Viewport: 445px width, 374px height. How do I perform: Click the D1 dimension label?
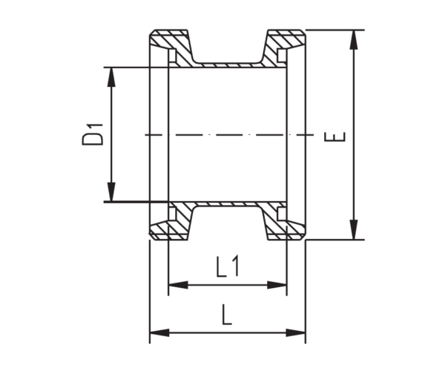coord(92,134)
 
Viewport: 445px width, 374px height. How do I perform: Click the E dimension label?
coord(335,137)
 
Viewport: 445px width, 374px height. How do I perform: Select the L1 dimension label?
coord(228,266)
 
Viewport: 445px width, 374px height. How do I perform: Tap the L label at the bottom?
coord(227,315)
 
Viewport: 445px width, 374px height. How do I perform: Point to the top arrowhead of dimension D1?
coord(111,76)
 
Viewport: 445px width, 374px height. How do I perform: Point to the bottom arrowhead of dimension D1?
coord(111,192)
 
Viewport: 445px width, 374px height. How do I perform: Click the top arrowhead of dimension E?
coord(354,39)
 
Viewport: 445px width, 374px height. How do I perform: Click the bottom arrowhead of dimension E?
coord(354,229)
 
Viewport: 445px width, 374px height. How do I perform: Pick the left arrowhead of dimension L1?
coord(178,285)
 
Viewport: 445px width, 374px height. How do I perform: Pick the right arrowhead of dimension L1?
coord(277,285)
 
